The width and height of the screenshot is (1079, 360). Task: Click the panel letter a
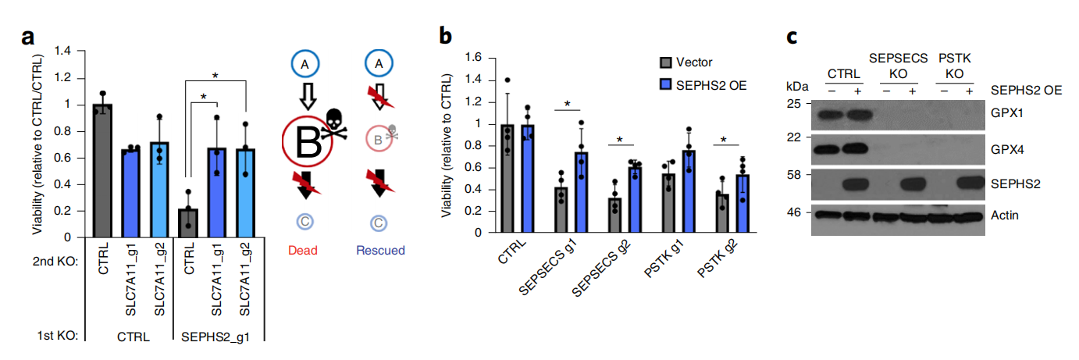tap(27, 37)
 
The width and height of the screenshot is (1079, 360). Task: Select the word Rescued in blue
tap(380, 250)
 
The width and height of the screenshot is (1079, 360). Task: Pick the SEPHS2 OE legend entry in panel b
tap(700, 85)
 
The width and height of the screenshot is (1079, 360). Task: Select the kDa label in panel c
tap(797, 84)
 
